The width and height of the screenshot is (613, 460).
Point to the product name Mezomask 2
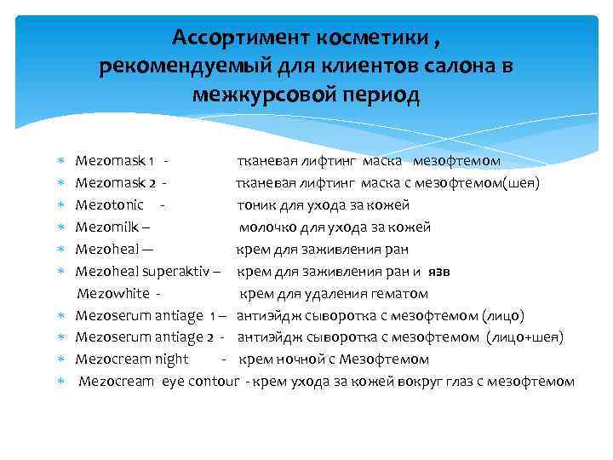tap(116, 182)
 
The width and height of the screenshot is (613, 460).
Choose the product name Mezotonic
tap(109, 204)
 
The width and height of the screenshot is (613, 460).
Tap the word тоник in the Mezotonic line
tap(256, 204)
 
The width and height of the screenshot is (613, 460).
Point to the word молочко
tap(266, 227)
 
